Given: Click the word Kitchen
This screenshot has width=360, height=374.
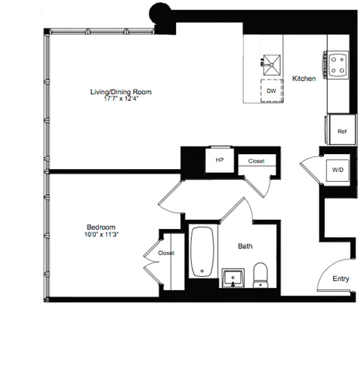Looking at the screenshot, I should click(303, 79).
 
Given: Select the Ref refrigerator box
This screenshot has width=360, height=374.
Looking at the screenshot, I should click(342, 131).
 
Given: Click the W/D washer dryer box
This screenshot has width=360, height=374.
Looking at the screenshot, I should click(338, 170).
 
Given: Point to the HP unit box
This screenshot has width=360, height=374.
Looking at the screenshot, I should click(220, 160).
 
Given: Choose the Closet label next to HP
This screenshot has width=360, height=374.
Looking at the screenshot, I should click(256, 160).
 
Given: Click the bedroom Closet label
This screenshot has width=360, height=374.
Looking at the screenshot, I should click(165, 253).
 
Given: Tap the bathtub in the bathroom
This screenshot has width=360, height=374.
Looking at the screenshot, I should click(201, 255).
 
